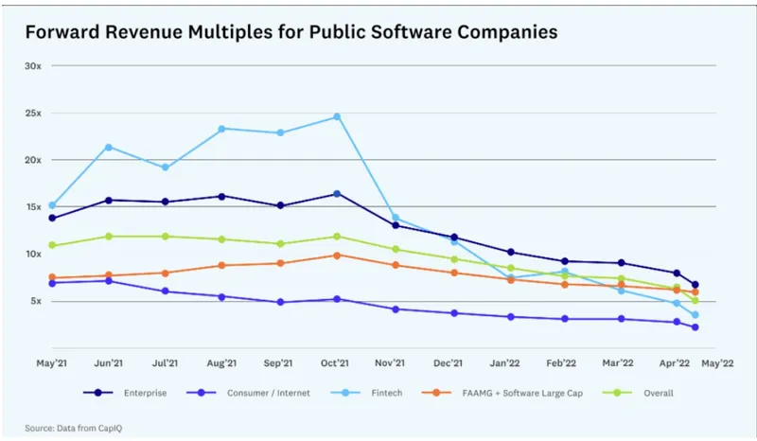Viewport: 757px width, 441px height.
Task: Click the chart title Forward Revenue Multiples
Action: pyautogui.click(x=290, y=31)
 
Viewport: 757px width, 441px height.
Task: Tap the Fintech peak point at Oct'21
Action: pyautogui.click(x=336, y=116)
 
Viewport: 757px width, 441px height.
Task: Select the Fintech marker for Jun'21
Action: pyautogui.click(x=109, y=147)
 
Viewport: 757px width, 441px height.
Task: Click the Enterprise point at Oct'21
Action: pyautogui.click(x=336, y=194)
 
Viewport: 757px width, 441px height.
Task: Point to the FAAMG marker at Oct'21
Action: pyautogui.click(x=336, y=255)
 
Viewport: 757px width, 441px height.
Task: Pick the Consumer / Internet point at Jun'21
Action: pyautogui.click(x=109, y=280)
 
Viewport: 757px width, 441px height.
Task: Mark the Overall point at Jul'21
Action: pyautogui.click(x=166, y=236)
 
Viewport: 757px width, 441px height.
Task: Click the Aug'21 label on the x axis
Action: pyautogui.click(x=221, y=362)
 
